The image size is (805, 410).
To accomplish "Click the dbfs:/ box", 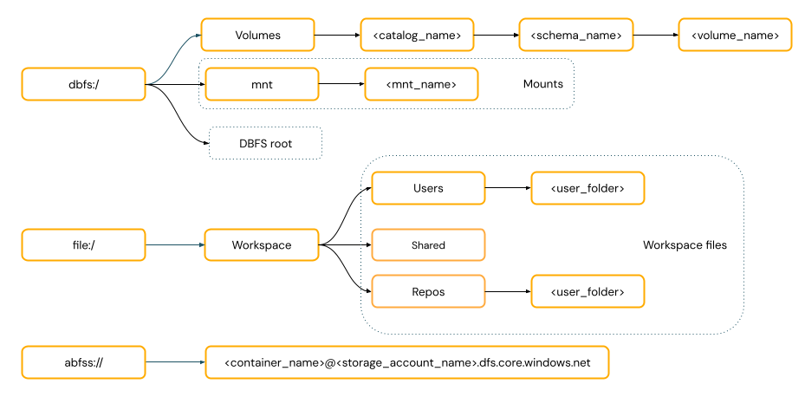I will (83, 85).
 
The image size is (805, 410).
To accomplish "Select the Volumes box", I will (257, 36).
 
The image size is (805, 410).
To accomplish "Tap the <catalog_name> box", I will (417, 36).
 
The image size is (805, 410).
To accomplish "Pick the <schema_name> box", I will (575, 36).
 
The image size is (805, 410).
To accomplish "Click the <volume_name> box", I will (735, 36).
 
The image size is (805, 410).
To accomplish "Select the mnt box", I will (261, 84).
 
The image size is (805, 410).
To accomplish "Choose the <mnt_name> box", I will (421, 84).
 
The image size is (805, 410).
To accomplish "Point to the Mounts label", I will (542, 84).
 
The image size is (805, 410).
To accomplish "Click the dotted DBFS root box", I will (265, 143).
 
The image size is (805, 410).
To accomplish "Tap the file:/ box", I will (83, 245).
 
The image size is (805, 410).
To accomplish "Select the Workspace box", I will (262, 245).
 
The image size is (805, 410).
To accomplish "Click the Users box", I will (428, 188).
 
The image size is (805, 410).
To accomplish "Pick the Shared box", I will (428, 245).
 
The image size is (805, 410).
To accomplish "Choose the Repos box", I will (428, 292).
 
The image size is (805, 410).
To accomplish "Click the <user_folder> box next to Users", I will (588, 188).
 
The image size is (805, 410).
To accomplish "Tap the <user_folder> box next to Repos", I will (588, 292).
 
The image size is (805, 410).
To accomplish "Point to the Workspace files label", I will (685, 245).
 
